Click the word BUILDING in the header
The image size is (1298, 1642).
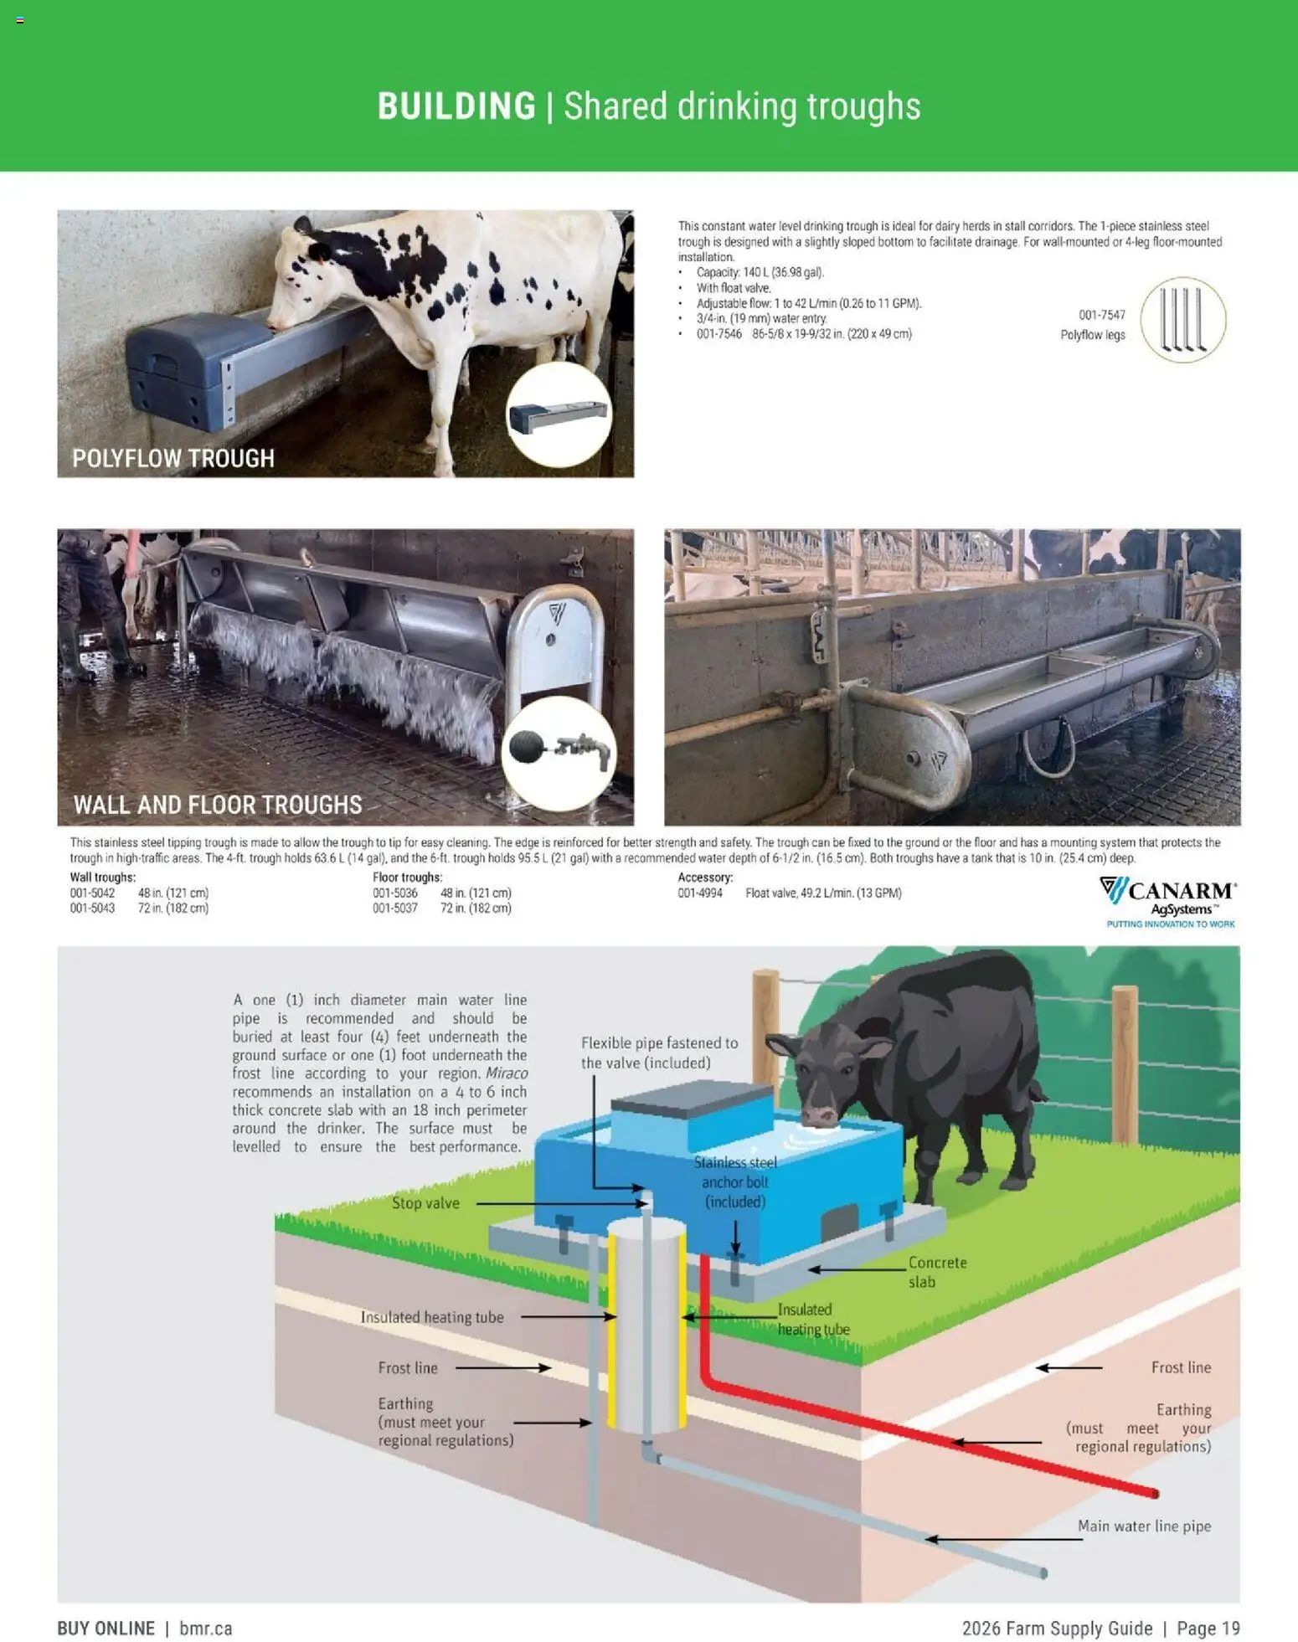point(456,106)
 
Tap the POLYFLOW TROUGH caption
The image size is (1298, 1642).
point(173,458)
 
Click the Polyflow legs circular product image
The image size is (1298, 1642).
point(1182,320)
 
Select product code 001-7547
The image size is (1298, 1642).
point(1101,315)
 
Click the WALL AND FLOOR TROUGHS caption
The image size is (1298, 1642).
point(218,805)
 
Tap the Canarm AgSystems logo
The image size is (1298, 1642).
point(1169,901)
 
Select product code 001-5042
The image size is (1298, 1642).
point(92,893)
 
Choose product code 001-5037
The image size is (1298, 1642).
point(394,908)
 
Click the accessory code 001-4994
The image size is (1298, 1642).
point(700,893)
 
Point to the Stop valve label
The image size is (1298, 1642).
point(425,1203)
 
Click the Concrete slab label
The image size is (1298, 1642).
point(937,1271)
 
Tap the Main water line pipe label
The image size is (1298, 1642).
point(1144,1526)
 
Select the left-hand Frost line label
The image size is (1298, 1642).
point(408,1367)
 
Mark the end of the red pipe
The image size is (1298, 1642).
point(1155,1493)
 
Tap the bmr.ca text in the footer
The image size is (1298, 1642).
point(206,1628)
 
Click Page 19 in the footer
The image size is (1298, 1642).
point(1208,1628)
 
